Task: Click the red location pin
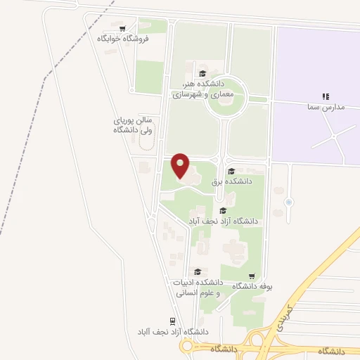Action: (181, 166)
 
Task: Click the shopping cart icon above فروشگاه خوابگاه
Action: (123, 29)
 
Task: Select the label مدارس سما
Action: (325, 107)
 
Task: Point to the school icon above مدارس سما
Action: (325, 96)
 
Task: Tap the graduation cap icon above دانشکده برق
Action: (231, 171)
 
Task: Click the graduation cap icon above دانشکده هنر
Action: (202, 73)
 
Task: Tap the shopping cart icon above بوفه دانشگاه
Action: (252, 276)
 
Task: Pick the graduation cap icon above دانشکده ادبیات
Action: (198, 271)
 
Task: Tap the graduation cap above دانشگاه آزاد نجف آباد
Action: (223, 210)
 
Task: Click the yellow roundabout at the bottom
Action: (187, 346)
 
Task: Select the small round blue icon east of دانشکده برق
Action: (288, 203)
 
